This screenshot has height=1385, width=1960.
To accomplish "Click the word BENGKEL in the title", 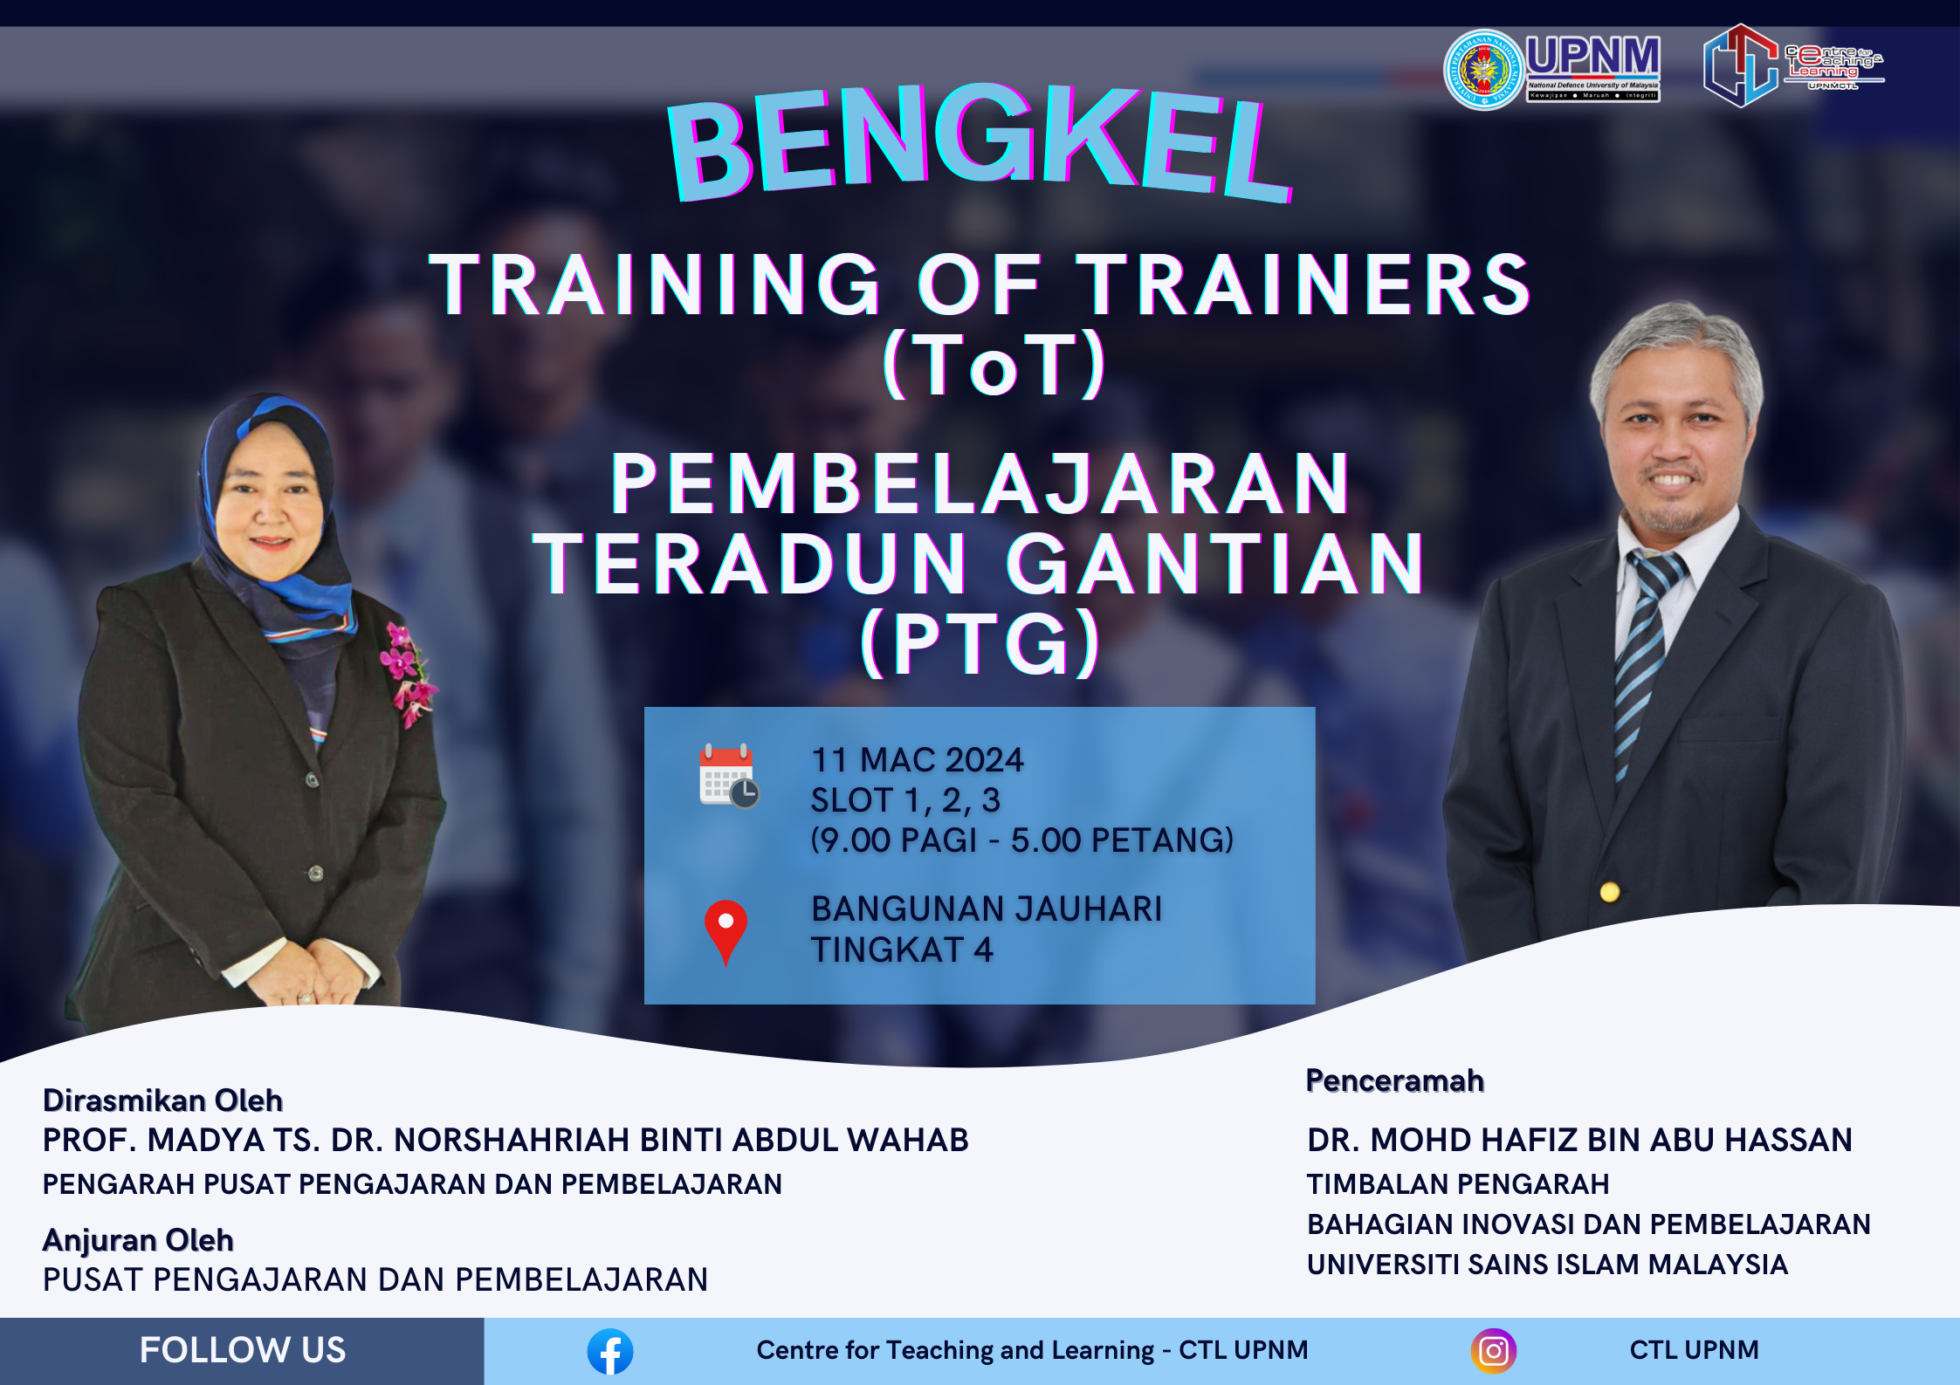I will click(x=978, y=144).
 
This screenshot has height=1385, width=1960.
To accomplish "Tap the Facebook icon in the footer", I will click(x=609, y=1351).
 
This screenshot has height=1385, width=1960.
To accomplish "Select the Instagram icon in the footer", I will click(x=1493, y=1351).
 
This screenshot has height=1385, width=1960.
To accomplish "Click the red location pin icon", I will click(x=726, y=929).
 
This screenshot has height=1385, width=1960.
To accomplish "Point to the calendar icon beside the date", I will click(x=728, y=775).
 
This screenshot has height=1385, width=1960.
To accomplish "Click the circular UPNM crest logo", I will click(x=1483, y=70).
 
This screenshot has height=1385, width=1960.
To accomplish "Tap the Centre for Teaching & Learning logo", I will click(x=1790, y=65).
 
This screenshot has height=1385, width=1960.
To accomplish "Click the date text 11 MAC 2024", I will click(x=917, y=760).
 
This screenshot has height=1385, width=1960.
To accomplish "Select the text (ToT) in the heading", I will click(x=994, y=365).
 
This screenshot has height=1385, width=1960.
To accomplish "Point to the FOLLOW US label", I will click(x=243, y=1350).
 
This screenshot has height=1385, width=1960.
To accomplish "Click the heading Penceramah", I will click(x=1394, y=1080).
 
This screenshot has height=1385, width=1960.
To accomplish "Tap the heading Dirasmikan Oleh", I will click(x=162, y=1100).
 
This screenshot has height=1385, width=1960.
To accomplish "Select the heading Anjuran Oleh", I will click(x=138, y=1240).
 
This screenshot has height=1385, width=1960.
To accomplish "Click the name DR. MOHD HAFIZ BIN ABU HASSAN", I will click(x=1578, y=1140).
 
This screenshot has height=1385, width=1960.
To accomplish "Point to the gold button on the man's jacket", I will click(x=1610, y=892).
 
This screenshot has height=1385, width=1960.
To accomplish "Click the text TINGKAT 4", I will click(x=901, y=950).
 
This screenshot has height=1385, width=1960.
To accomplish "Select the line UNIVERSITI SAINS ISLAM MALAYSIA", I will click(x=1547, y=1265).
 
